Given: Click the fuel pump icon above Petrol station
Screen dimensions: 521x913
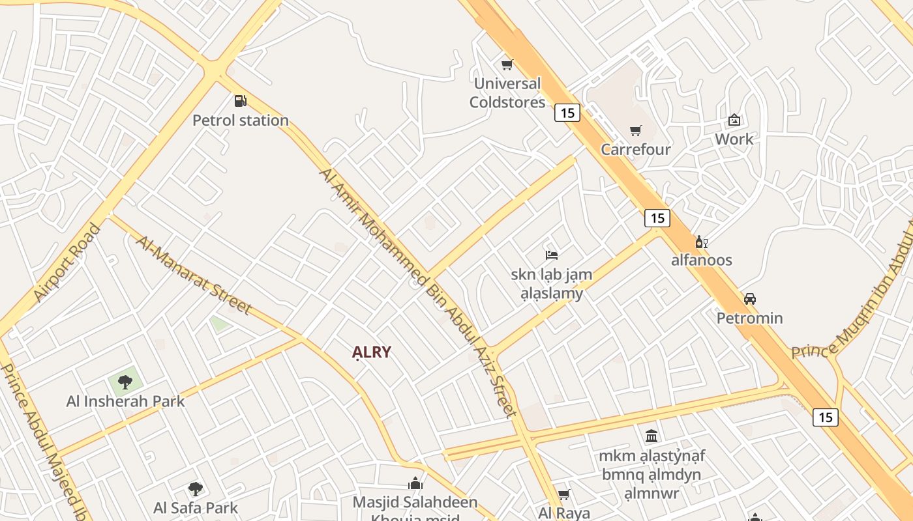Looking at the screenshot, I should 240,101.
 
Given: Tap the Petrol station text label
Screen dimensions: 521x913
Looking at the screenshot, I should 240,120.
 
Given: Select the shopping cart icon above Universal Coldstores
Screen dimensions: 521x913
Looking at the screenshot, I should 507,64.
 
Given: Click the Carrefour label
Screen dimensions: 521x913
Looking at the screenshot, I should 635,150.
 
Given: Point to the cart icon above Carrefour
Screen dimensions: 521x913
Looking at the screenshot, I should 635,130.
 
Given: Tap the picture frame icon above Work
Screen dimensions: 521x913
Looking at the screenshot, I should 734,120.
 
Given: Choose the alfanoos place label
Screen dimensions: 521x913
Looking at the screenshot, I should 702,260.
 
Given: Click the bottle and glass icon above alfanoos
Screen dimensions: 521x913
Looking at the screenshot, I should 702,242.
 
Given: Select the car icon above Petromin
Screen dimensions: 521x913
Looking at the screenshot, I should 750,299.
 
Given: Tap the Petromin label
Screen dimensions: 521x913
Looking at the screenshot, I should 749,318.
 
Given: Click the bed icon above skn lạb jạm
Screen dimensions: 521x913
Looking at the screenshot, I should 552,255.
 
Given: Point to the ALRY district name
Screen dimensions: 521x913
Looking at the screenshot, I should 372,352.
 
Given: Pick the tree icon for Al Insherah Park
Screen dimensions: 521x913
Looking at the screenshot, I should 125,382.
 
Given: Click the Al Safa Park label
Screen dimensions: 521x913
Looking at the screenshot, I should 195,508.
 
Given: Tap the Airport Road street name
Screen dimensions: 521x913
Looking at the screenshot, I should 67,262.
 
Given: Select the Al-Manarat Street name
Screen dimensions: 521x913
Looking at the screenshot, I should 193,274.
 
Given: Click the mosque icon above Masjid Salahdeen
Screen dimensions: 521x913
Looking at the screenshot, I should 415,483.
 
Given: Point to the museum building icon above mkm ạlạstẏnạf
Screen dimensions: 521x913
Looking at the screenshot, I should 651,436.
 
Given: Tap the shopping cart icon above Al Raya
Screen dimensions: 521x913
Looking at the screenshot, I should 564,494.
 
